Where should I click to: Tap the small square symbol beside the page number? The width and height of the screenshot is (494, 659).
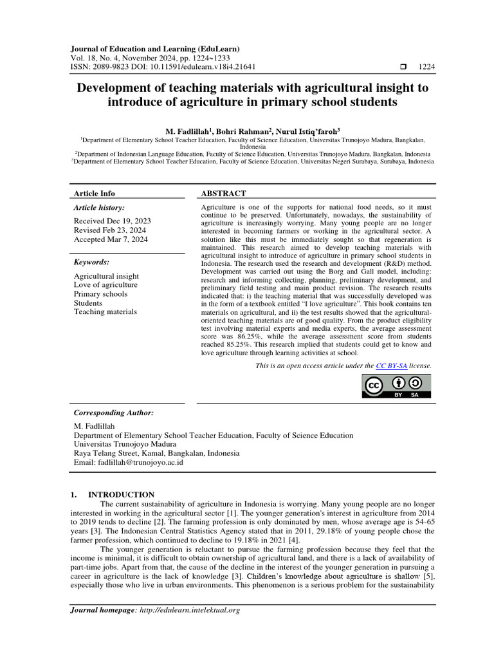(403, 66)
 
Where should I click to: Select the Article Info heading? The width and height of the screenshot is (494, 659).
(95, 193)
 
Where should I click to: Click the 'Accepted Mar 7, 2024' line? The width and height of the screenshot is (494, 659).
(111, 239)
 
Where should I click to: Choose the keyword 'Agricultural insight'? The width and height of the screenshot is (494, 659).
(106, 276)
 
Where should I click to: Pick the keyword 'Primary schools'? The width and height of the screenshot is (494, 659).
(100, 294)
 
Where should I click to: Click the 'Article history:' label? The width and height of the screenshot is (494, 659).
(99, 208)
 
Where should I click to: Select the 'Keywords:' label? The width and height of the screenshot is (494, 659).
(91, 263)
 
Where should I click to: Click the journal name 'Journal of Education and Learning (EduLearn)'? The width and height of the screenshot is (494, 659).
(155, 48)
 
